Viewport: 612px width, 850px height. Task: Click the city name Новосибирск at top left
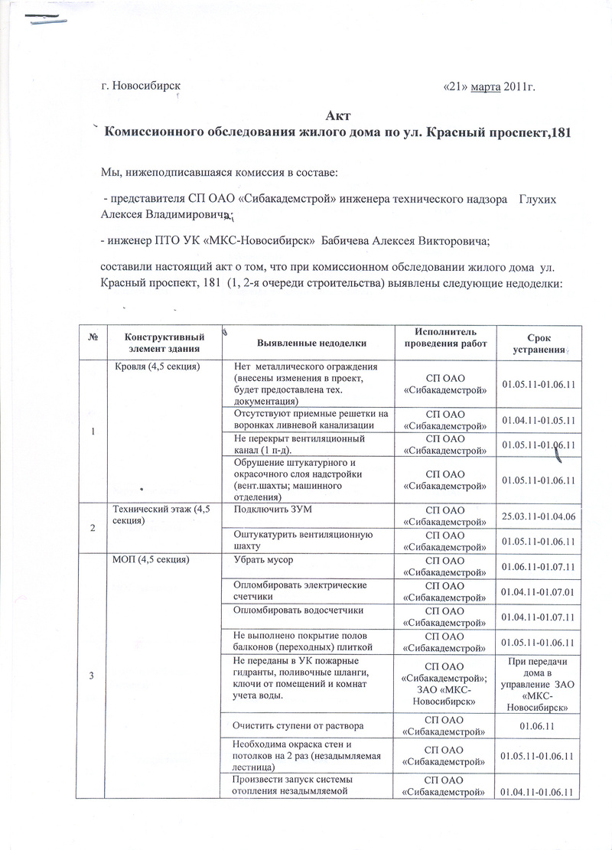coord(147,86)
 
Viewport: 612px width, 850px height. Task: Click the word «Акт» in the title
coord(337,116)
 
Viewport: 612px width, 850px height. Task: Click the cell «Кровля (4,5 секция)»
coord(157,367)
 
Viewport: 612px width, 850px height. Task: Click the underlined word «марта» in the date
coord(486,87)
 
